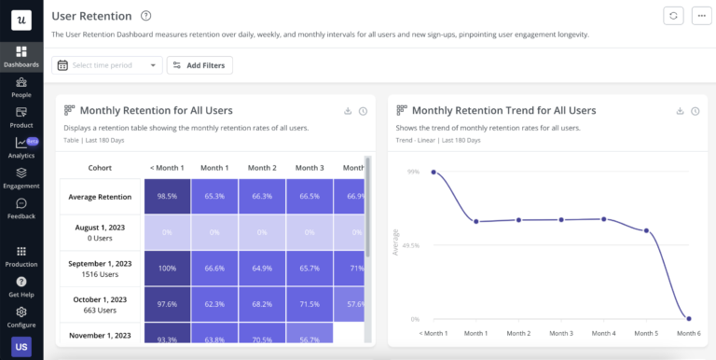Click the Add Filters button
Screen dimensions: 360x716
coord(200,65)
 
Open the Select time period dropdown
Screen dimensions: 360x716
coord(108,65)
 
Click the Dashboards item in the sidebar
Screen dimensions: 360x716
coord(21,56)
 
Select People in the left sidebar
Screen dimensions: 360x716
coord(21,87)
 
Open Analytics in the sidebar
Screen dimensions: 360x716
coord(21,147)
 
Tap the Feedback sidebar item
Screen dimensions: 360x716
coord(21,208)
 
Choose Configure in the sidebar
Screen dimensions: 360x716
coord(21,317)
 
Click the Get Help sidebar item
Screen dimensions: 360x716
coord(21,286)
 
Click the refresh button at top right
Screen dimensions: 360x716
coord(673,16)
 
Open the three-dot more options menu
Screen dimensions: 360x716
coord(700,16)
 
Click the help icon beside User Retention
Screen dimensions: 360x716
coord(145,16)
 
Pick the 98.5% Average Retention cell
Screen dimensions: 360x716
coord(167,197)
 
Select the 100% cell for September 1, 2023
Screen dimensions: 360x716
coord(167,268)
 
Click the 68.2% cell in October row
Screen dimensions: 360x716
coord(262,303)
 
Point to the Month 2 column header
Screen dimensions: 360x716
coord(262,168)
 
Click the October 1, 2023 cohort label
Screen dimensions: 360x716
coord(101,303)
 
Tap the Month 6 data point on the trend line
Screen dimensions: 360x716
coord(688,319)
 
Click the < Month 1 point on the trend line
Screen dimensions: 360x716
coord(434,172)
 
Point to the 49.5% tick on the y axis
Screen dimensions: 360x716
coord(409,246)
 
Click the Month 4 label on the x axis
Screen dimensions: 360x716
coord(603,333)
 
